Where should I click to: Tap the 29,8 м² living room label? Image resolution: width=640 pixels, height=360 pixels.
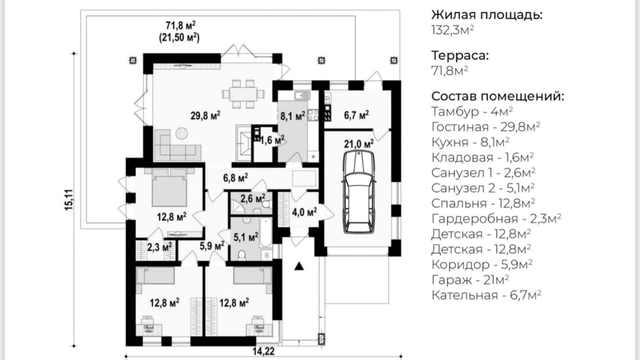[x=205, y=116]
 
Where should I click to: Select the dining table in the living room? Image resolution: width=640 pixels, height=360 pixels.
[x=243, y=94]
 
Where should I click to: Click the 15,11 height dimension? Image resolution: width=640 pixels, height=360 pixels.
[x=69, y=200]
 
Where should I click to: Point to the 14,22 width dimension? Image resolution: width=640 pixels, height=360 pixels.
[x=263, y=351]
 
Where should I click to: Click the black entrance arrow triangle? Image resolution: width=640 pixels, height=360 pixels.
[x=299, y=266]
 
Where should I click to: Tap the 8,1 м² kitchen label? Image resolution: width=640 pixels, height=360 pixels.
[x=293, y=116]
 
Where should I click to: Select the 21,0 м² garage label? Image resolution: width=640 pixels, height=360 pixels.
[x=359, y=144]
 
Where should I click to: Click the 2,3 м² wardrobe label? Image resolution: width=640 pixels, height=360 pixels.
[x=159, y=247]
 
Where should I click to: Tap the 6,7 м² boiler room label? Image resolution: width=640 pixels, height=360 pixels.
[x=356, y=115]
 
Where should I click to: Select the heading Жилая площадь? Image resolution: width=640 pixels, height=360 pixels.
[x=487, y=15]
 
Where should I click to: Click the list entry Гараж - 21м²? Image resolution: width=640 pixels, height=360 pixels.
[x=470, y=280]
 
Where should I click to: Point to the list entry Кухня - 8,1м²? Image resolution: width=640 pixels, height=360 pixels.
[x=470, y=142]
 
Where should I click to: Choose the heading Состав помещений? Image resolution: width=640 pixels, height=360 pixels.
[x=498, y=96]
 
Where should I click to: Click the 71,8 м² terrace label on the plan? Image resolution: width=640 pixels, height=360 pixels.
[x=180, y=26]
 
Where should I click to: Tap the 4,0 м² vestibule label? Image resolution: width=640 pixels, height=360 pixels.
[x=304, y=212]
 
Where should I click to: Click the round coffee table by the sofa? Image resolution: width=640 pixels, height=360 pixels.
[x=181, y=133]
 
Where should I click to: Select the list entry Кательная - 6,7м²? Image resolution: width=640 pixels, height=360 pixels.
[x=486, y=295]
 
